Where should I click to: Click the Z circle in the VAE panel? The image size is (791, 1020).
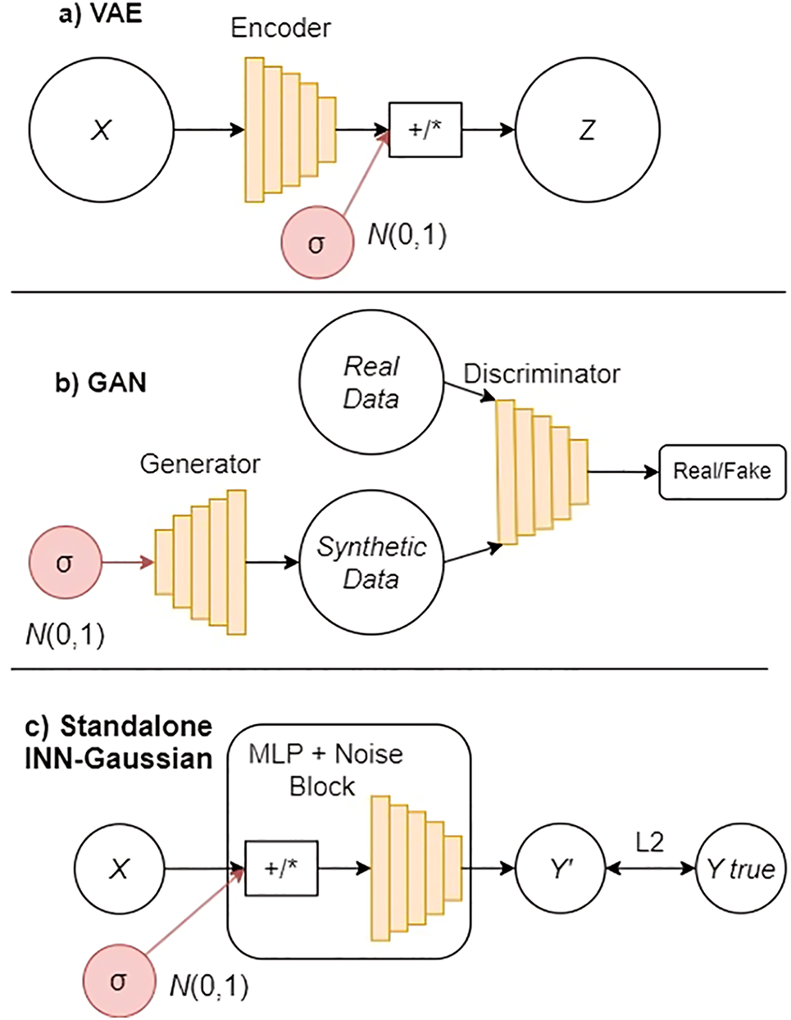pyautogui.click(x=588, y=130)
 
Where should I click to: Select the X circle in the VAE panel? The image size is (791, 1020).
pyautogui.click(x=102, y=130)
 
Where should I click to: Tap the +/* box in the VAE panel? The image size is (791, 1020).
pyautogui.click(x=425, y=130)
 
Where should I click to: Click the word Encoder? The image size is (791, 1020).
pyautogui.click(x=280, y=28)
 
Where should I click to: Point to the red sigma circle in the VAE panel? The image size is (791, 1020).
pyautogui.click(x=317, y=243)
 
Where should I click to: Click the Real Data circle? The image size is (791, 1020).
pyautogui.click(x=371, y=382)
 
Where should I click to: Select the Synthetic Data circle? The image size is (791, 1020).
pyautogui.click(x=371, y=562)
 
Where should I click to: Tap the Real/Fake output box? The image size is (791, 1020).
pyautogui.click(x=722, y=472)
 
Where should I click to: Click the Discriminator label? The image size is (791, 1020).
pyautogui.click(x=542, y=374)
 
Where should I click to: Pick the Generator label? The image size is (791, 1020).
pyautogui.click(x=200, y=464)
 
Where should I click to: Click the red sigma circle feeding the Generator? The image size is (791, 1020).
pyautogui.click(x=66, y=562)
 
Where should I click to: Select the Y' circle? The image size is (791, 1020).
pyautogui.click(x=561, y=869)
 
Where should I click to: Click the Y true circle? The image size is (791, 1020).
pyautogui.click(x=741, y=869)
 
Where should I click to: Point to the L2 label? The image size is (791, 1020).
pyautogui.click(x=650, y=842)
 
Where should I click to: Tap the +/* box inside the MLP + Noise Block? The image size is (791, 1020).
pyautogui.click(x=281, y=868)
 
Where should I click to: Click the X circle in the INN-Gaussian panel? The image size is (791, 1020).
pyautogui.click(x=119, y=869)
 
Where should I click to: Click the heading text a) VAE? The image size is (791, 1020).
pyautogui.click(x=100, y=14)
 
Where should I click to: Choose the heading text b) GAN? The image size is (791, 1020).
pyautogui.click(x=101, y=383)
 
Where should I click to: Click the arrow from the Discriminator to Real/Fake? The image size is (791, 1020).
pyautogui.click(x=624, y=472)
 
